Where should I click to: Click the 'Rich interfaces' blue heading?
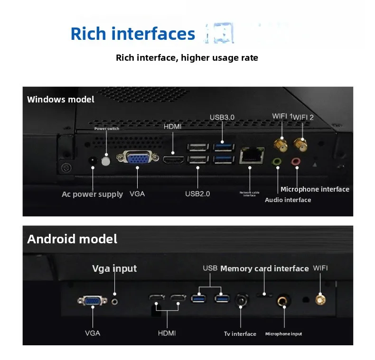pyautogui.click(x=132, y=34)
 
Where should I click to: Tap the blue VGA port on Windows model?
pyautogui.click(x=137, y=158)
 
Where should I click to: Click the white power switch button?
pyautogui.click(x=106, y=160)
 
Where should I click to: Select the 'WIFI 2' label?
pyautogui.click(x=303, y=117)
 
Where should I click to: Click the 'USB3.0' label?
pyautogui.click(x=222, y=117)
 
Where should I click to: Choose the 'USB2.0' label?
pyautogui.click(x=197, y=194)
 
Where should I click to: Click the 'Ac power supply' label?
pyautogui.click(x=92, y=194)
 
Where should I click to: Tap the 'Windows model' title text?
pyautogui.click(x=60, y=100)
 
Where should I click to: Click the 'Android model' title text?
pyautogui.click(x=72, y=239)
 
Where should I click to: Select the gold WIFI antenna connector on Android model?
pyautogui.click(x=320, y=300)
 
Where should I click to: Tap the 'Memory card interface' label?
pyautogui.click(x=264, y=268)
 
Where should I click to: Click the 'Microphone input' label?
pyautogui.click(x=283, y=334)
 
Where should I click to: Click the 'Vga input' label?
pyautogui.click(x=114, y=268)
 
